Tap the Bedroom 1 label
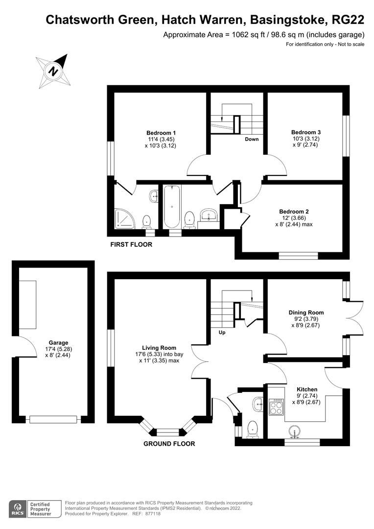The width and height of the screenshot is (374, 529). pyautogui.click(x=161, y=133)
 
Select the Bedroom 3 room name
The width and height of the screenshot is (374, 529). pyautogui.click(x=306, y=132)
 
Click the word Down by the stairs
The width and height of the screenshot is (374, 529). pyautogui.click(x=252, y=139)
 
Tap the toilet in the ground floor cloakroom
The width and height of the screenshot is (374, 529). pyautogui.click(x=253, y=430)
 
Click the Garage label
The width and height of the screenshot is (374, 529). pyautogui.click(x=58, y=343)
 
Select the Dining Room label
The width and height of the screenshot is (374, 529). pyautogui.click(x=306, y=313)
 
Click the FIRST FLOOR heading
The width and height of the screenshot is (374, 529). pyautogui.click(x=131, y=244)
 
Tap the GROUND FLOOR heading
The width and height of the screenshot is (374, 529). pyautogui.click(x=169, y=444)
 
